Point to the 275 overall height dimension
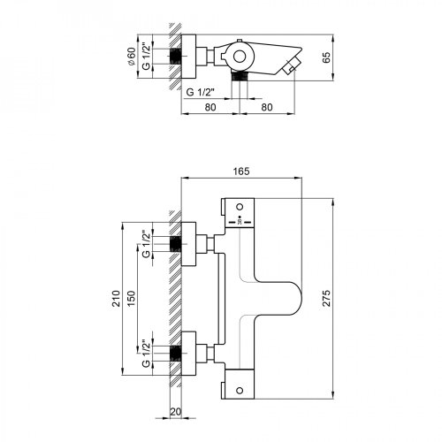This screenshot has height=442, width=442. (326, 298)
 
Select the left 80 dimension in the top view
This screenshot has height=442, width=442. (210, 109)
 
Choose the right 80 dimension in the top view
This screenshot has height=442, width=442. (271, 109)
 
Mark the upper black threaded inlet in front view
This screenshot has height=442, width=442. (176, 244)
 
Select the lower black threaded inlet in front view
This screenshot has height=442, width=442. (176, 353)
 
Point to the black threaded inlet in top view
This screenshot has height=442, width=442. (176, 57)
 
